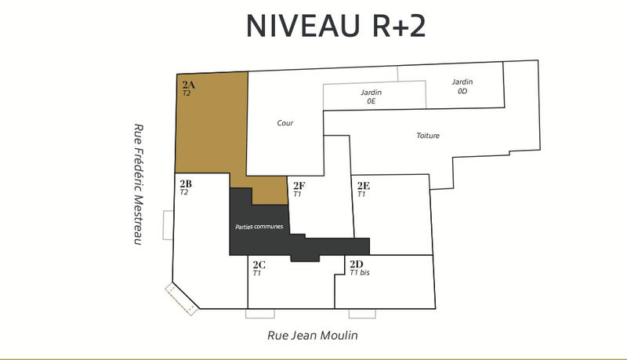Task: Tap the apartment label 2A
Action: tap(188, 85)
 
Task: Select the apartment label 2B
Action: tap(186, 184)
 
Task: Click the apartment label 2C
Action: tap(258, 264)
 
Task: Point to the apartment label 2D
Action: tap(356, 264)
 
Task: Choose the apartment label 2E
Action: tap(364, 186)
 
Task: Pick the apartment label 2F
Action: tap(299, 186)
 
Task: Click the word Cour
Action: tap(285, 123)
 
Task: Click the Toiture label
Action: tap(428, 136)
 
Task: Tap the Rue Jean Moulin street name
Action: tap(312, 335)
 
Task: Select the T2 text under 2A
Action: tap(186, 93)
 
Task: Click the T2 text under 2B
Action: tap(184, 192)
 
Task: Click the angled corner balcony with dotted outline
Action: tap(181, 299)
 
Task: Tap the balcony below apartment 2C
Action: tap(260, 314)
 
